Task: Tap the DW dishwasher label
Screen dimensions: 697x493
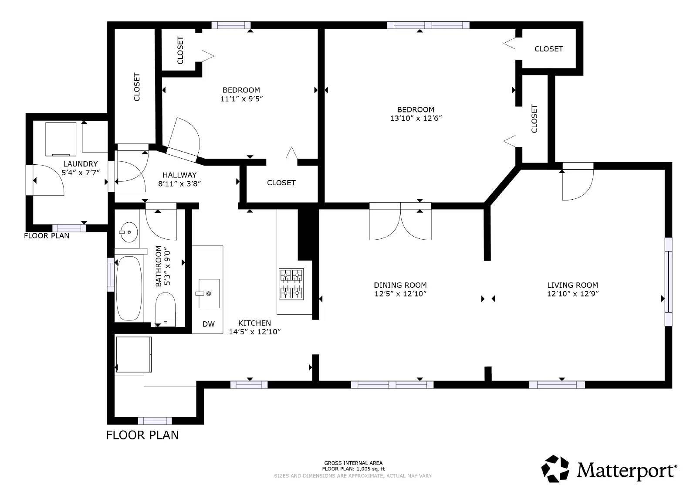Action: pos(209,324)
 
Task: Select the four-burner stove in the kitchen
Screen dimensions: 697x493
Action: pos(291,284)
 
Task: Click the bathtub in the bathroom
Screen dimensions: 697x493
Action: pos(129,288)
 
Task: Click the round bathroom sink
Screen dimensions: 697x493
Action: pos(129,232)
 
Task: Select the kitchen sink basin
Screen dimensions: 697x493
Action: pos(209,293)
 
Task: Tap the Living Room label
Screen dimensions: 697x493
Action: pos(572,285)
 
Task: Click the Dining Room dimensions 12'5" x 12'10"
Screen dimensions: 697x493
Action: pos(400,294)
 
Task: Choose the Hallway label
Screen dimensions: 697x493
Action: pos(179,175)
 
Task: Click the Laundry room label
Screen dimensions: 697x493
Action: pos(81,164)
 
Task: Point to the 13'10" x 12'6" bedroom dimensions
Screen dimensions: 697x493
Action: pos(416,118)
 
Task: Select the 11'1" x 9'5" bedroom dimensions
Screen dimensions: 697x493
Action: pos(242,99)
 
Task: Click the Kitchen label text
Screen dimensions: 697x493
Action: pos(254,323)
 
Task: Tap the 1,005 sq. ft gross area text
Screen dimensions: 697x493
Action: pos(353,469)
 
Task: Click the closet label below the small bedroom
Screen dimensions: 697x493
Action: pos(281,183)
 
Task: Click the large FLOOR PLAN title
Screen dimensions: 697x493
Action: pos(142,435)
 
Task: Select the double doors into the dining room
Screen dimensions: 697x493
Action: pos(400,221)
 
